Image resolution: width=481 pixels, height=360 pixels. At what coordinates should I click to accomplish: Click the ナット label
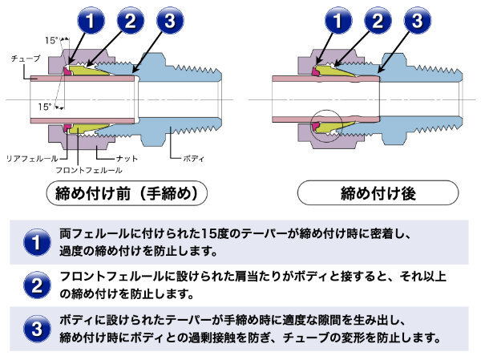[127, 158]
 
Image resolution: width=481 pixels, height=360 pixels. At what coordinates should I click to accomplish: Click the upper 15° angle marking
[52, 39]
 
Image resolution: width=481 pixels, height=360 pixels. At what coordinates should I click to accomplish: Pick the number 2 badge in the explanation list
[35, 285]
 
